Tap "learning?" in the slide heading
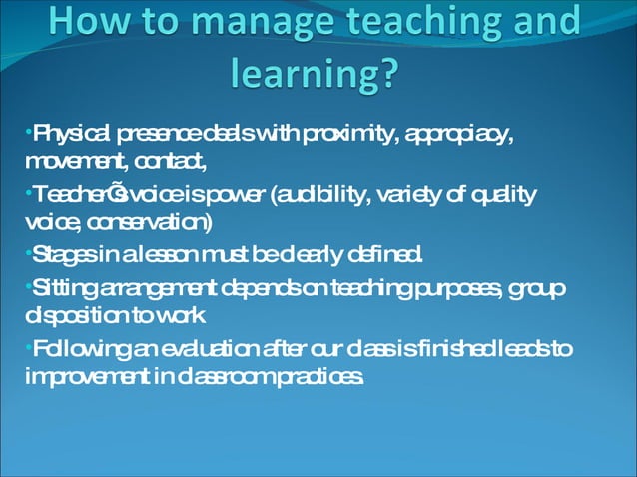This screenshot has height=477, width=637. (314, 72)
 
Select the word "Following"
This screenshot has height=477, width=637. (76, 349)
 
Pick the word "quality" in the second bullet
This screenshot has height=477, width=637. (501, 194)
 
